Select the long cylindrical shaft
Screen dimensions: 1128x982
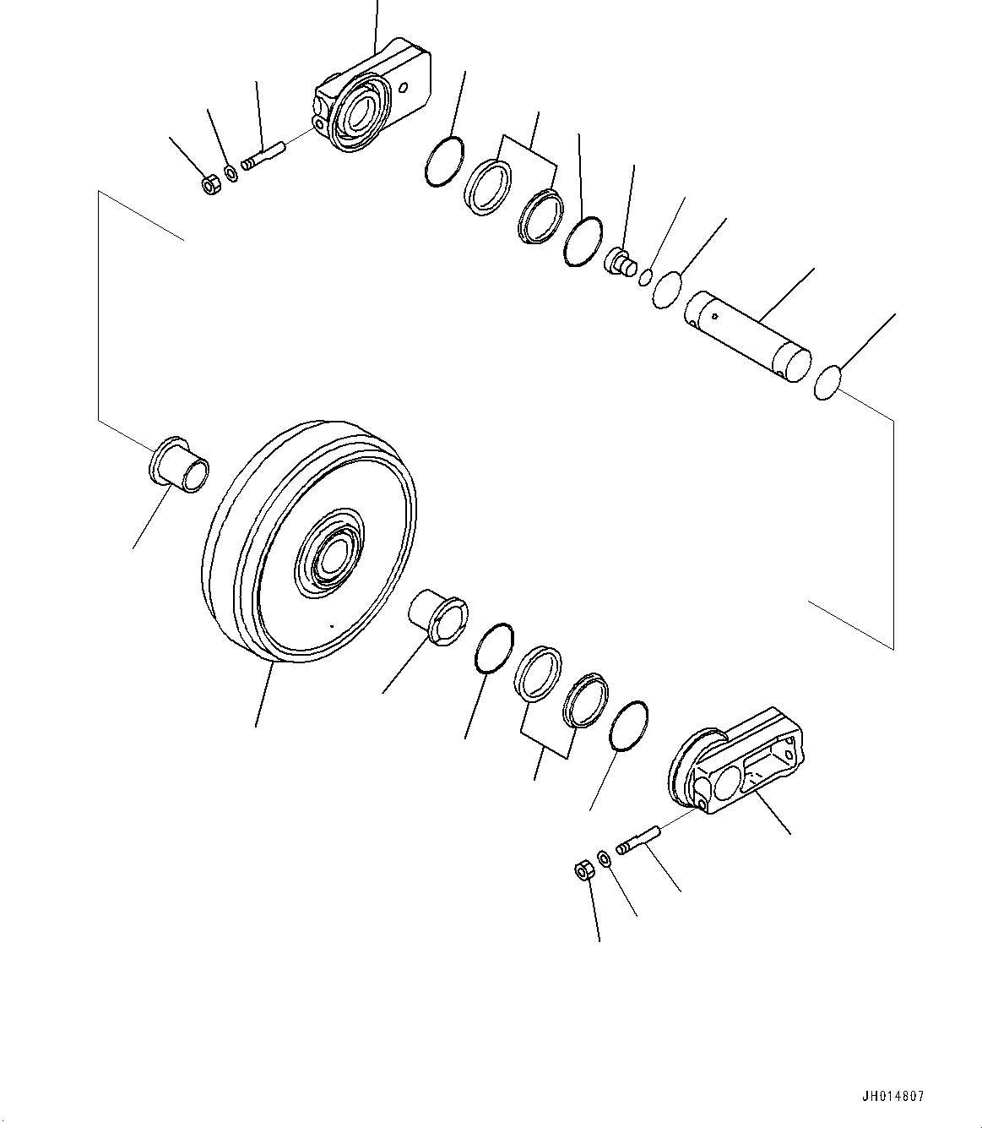[746, 338]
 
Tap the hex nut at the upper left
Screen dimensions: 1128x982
[212, 183]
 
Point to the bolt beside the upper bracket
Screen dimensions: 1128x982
[265, 155]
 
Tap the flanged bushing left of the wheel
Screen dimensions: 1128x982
[178, 465]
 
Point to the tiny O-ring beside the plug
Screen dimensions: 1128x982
[646, 276]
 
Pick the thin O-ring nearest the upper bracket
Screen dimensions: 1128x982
[443, 161]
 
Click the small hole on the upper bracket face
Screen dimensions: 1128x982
[405, 86]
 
